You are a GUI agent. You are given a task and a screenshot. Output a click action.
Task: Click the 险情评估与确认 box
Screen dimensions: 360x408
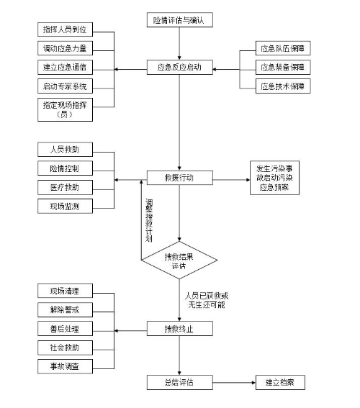pyautogui.click(x=179, y=19)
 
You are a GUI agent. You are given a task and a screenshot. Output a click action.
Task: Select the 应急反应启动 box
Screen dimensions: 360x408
pyautogui.click(x=179, y=68)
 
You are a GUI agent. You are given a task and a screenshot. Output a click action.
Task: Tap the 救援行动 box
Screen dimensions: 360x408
pyautogui.click(x=179, y=178)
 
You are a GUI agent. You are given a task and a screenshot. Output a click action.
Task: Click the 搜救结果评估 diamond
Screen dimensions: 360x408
pyautogui.click(x=179, y=260)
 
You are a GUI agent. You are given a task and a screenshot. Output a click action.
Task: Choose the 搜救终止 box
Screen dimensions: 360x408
pyautogui.click(x=179, y=329)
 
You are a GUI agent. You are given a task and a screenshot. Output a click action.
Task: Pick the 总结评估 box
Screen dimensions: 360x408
pyautogui.click(x=179, y=383)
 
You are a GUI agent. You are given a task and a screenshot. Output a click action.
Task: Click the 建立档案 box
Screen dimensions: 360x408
pyautogui.click(x=280, y=383)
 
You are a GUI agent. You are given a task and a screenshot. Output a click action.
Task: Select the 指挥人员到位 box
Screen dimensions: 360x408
pyautogui.click(x=65, y=30)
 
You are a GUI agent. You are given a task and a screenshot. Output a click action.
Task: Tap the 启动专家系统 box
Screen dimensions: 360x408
pyautogui.click(x=65, y=86)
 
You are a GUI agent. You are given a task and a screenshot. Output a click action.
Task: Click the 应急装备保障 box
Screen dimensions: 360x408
pyautogui.click(x=283, y=68)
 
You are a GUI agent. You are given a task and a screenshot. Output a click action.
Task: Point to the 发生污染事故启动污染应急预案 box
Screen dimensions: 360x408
pyautogui.click(x=274, y=178)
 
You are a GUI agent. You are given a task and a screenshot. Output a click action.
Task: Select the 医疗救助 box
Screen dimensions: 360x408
pyautogui.click(x=65, y=187)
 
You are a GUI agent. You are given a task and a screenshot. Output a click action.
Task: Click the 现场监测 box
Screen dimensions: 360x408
pyautogui.click(x=65, y=207)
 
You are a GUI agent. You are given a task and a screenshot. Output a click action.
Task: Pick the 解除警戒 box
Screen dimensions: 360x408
pyautogui.click(x=65, y=309)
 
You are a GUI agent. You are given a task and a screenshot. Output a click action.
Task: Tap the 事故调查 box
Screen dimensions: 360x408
pyautogui.click(x=65, y=366)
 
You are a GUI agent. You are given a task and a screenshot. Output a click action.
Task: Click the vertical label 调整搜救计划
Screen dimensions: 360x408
pyautogui.click(x=149, y=220)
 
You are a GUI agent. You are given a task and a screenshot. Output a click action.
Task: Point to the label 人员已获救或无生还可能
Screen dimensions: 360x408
pyautogui.click(x=207, y=300)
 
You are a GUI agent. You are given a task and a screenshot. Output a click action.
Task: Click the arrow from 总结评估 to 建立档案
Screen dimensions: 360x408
pyautogui.click(x=234, y=383)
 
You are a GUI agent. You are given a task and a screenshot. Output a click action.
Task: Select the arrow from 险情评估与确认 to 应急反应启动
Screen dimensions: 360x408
pyautogui.click(x=179, y=43)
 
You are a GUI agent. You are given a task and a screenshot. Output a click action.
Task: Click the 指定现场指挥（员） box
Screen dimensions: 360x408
pyautogui.click(x=65, y=109)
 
